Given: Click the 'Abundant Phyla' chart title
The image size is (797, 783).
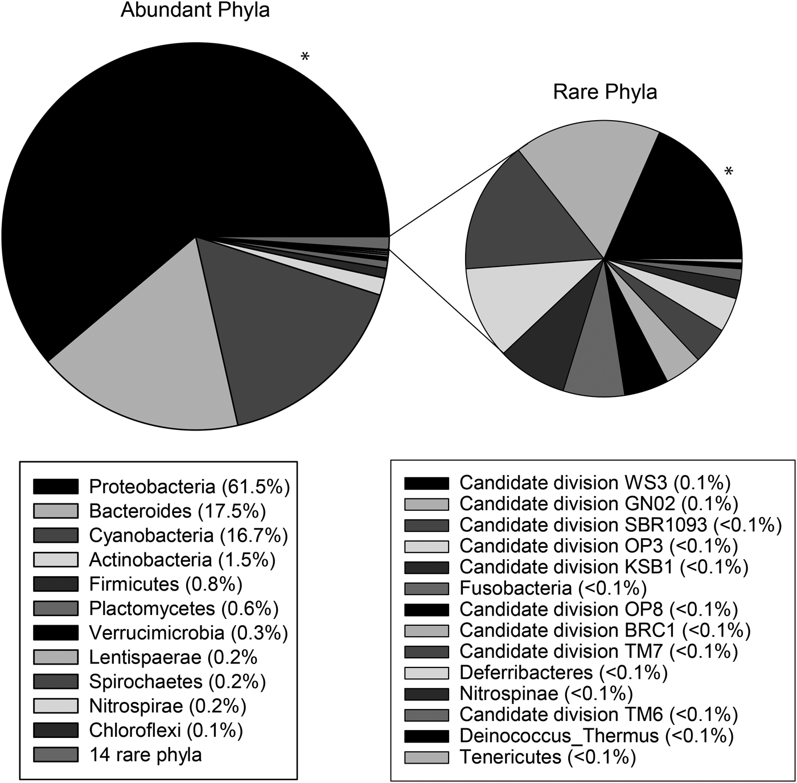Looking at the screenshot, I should click(x=195, y=10).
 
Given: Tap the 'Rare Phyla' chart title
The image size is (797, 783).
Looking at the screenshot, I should click(x=605, y=92).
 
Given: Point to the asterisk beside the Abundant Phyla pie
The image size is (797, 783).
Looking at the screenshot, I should click(x=305, y=58).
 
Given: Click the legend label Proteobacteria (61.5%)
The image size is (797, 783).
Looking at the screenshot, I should click(x=190, y=487).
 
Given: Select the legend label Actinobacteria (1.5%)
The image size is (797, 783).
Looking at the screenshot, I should click(x=182, y=560).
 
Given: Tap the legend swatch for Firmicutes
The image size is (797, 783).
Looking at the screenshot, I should click(x=55, y=584).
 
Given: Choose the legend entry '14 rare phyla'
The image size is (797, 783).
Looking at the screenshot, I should click(x=145, y=755).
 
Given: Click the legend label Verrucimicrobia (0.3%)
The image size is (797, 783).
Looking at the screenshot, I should click(x=188, y=633).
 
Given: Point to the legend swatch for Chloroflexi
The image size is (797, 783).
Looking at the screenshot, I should click(x=55, y=730).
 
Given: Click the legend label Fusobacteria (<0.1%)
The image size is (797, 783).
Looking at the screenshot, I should click(x=553, y=588).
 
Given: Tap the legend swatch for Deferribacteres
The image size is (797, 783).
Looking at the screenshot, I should click(x=426, y=673).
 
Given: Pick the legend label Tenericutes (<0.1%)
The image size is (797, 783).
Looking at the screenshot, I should click(x=547, y=757).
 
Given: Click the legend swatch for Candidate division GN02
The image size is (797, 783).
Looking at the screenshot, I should click(x=426, y=504).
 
